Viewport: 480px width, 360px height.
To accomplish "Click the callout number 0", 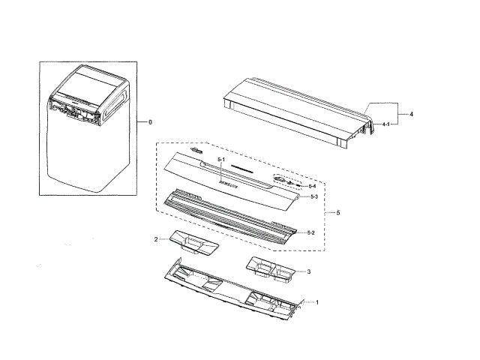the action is click(149, 121).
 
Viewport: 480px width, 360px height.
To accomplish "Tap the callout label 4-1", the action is click(385, 123).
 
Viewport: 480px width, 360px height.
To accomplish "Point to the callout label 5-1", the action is click(221, 160).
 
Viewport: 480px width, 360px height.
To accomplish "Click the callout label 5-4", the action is click(313, 185).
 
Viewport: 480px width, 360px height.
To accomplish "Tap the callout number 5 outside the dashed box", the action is click(338, 213).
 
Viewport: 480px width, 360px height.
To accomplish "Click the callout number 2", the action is click(156, 239).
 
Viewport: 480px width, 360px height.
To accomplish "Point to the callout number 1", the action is click(317, 302).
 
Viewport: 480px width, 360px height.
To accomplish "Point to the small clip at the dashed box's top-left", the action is click(196, 151).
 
